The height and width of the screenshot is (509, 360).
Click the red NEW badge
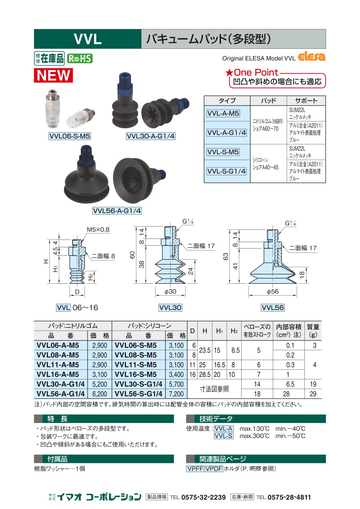pos(53,75)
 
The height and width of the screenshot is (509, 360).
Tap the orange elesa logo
pos(311,57)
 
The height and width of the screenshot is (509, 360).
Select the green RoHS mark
pos(80,59)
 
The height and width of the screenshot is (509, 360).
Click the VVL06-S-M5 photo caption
pos(70,136)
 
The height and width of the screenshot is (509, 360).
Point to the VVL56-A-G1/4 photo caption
pos(117,210)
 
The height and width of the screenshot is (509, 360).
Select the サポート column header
pos(306,101)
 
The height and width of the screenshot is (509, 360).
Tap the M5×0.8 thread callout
pos(98,230)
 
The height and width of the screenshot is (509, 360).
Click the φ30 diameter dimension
pos(170,291)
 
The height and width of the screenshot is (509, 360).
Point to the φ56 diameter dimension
pos(272,291)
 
